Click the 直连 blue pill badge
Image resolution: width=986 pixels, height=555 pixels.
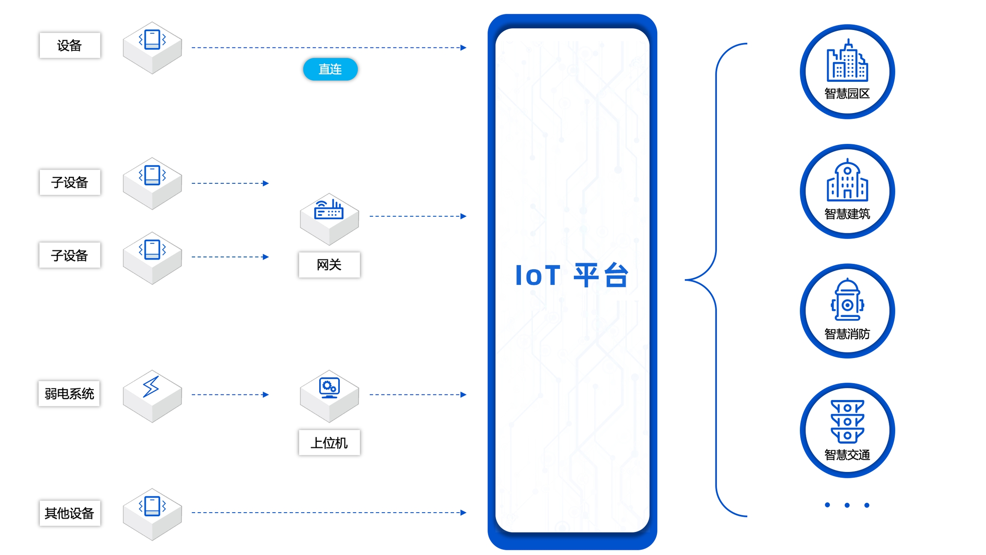[330, 69]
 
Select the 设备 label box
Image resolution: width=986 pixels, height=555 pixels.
[70, 45]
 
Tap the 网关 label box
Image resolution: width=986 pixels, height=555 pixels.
[329, 265]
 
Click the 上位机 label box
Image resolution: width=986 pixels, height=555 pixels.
[329, 442]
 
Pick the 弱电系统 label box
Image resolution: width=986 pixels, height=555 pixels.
[69, 394]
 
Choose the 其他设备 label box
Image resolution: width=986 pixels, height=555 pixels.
[70, 513]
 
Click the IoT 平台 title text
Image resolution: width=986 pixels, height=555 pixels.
[572, 275]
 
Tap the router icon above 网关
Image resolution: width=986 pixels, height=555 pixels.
[329, 210]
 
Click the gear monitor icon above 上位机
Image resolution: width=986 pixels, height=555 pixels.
[329, 388]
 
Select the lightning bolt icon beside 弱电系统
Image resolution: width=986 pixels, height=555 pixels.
[151, 387]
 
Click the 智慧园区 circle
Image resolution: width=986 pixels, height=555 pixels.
[847, 72]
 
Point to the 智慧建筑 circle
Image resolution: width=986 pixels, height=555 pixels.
[847, 191]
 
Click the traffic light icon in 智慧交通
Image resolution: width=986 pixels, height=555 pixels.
[847, 421]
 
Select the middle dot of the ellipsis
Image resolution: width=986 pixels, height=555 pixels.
[847, 505]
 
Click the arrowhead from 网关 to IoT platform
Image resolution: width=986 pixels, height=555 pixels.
[463, 216]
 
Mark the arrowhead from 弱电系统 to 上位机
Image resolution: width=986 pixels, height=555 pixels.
[266, 394]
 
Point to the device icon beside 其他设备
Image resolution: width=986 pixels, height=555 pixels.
[152, 507]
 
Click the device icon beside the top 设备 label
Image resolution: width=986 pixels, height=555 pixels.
[152, 40]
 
